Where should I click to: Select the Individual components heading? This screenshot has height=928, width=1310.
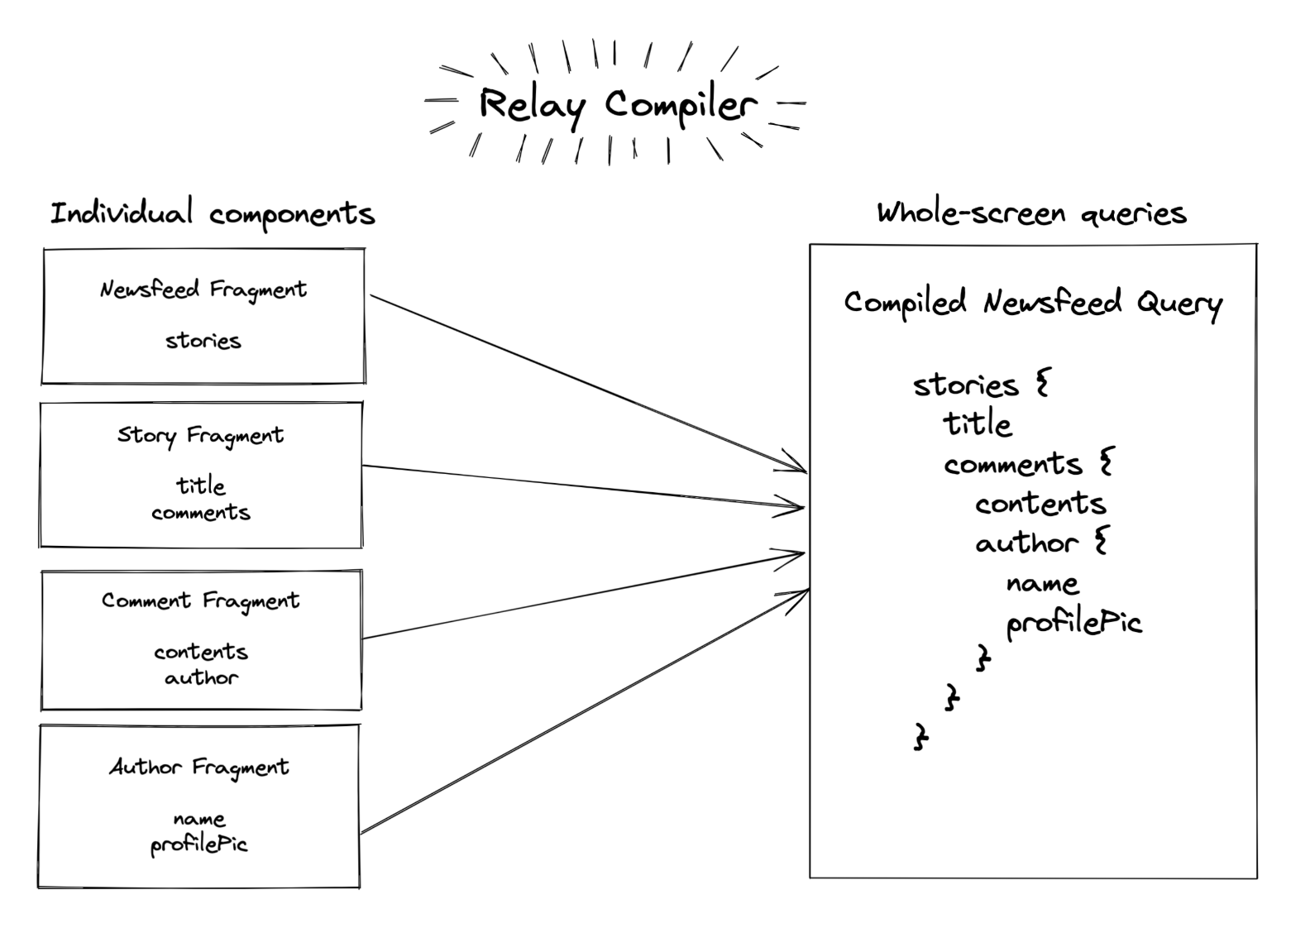tap(213, 213)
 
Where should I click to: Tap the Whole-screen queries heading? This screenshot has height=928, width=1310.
tap(1031, 213)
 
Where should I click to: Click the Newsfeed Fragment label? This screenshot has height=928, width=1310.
tap(203, 289)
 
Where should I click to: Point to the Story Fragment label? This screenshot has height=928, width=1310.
tap(200, 435)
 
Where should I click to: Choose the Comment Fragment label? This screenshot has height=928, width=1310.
tap(200, 600)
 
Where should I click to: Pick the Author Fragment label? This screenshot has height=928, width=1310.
tap(199, 768)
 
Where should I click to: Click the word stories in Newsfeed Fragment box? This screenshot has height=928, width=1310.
tap(203, 341)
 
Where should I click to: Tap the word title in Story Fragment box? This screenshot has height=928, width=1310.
tap(200, 486)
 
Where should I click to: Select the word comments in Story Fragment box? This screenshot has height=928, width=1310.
tap(200, 513)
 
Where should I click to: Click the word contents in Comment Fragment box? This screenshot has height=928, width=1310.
tap(200, 652)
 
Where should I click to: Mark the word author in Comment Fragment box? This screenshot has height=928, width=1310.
tap(201, 678)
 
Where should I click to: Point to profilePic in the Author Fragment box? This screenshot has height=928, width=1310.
tap(198, 845)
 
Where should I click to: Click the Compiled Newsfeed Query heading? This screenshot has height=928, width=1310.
tap(1032, 303)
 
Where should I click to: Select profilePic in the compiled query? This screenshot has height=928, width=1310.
tap(1073, 624)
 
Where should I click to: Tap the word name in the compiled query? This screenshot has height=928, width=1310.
tap(1042, 584)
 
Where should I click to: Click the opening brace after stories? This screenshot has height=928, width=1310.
tap(1042, 384)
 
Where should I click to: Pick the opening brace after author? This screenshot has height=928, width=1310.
tap(1101, 542)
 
